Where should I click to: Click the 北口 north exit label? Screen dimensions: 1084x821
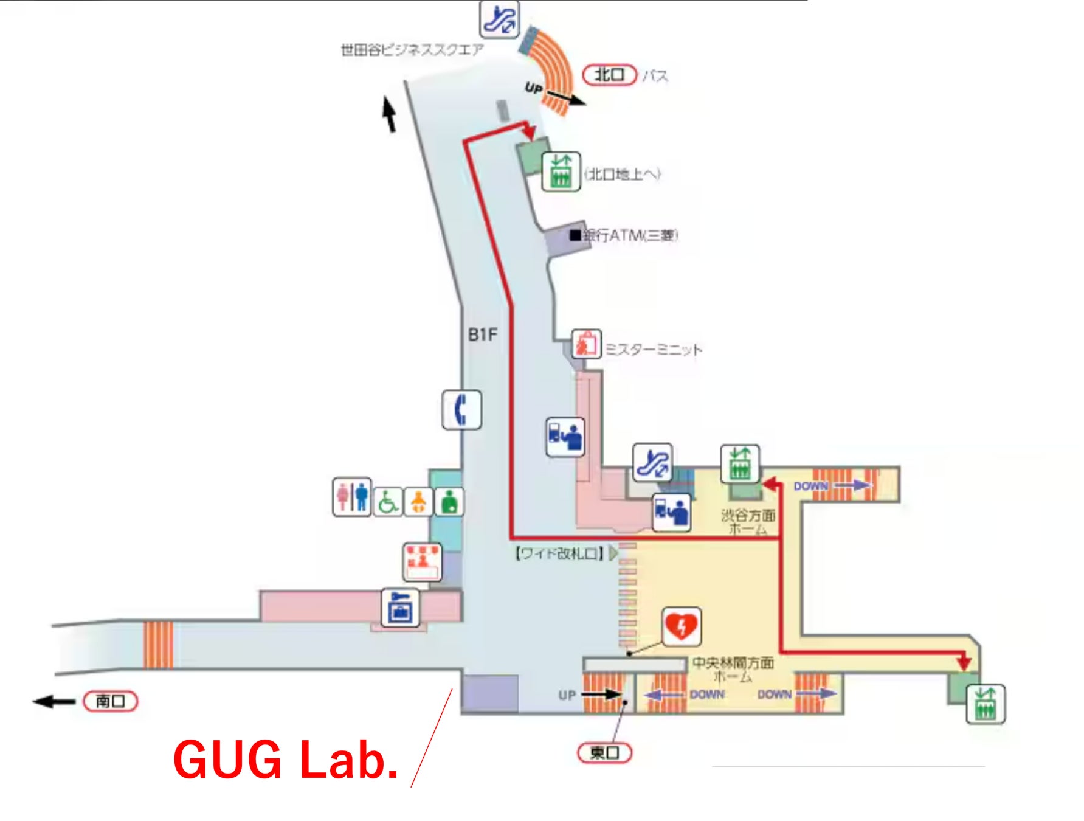click(x=609, y=75)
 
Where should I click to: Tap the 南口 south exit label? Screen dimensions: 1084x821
click(x=111, y=701)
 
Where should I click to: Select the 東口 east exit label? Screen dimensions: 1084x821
click(x=604, y=752)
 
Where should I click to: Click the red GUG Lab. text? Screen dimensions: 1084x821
click(x=286, y=760)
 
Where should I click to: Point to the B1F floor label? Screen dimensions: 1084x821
click(x=482, y=334)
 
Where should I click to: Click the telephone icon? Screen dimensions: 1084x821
click(x=461, y=409)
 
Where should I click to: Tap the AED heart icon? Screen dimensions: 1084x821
click(x=682, y=626)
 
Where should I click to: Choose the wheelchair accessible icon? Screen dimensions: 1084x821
click(x=387, y=502)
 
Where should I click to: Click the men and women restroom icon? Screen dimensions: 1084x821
click(x=352, y=497)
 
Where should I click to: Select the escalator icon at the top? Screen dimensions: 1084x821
click(x=499, y=19)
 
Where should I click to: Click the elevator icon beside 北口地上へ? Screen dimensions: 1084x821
click(x=561, y=172)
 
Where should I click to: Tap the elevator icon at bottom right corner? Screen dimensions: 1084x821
click(x=986, y=704)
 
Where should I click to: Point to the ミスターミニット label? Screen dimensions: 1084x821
click(x=654, y=350)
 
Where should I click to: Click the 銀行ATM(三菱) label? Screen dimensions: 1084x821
click(x=630, y=235)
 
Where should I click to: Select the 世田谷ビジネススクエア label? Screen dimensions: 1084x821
click(x=412, y=50)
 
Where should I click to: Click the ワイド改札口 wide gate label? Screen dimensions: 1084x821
click(x=559, y=553)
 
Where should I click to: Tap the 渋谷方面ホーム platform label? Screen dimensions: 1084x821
click(x=748, y=522)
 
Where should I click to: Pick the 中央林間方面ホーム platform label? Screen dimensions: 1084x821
click(x=733, y=669)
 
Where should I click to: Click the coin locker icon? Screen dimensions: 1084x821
click(x=401, y=607)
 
